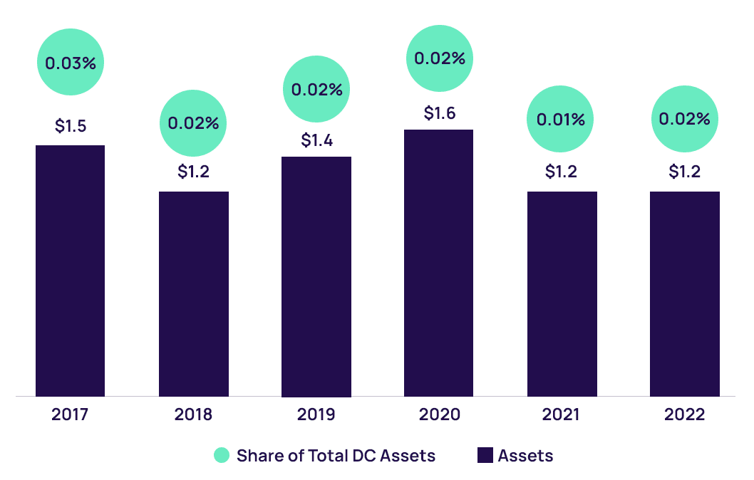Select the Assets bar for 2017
coord(70,271)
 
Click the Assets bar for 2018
coord(194,293)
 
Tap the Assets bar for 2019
coord(316,276)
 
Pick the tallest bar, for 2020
coord(438,263)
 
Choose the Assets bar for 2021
coord(562,293)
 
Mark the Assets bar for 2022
coord(684,293)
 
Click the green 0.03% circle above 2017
coord(71,62)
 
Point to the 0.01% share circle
coord(560,119)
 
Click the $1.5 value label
coord(71,126)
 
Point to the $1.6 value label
coord(439,113)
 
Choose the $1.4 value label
coord(316,140)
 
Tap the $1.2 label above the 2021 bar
coord(562,172)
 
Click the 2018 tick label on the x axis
coord(193,414)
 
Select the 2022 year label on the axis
coord(684,414)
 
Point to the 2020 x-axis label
coord(439,414)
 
